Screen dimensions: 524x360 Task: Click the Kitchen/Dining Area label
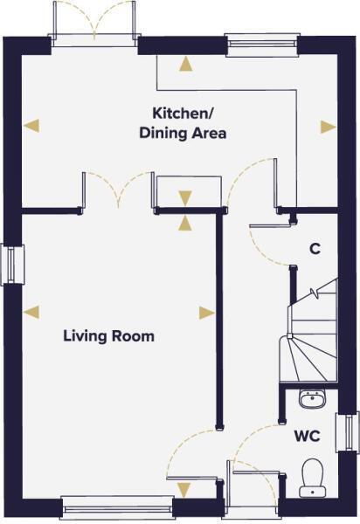click(x=190, y=123)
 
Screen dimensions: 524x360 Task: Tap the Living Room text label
click(x=108, y=335)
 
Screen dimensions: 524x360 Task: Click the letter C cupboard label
click(x=315, y=249)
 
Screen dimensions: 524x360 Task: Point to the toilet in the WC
click(x=312, y=477)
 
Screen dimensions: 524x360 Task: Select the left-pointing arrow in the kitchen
click(x=31, y=126)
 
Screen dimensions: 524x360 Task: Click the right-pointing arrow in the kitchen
click(x=328, y=127)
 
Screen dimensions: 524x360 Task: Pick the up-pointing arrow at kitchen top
click(x=185, y=62)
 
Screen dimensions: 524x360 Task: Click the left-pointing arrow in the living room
click(x=31, y=311)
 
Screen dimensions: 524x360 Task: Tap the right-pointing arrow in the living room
click(x=206, y=312)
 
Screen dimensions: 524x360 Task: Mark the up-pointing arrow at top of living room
click(x=185, y=223)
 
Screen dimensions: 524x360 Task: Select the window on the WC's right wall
click(x=352, y=434)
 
